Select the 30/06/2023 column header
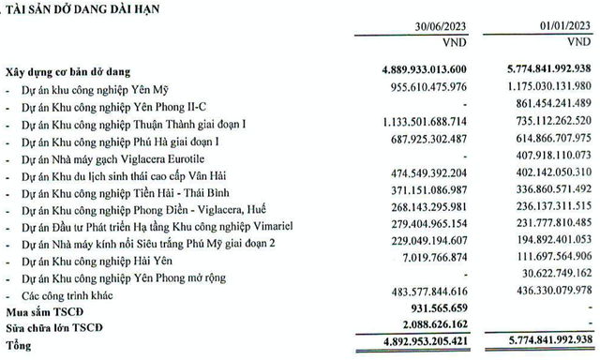pos(429,27)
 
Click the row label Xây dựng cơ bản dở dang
pos(76,71)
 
